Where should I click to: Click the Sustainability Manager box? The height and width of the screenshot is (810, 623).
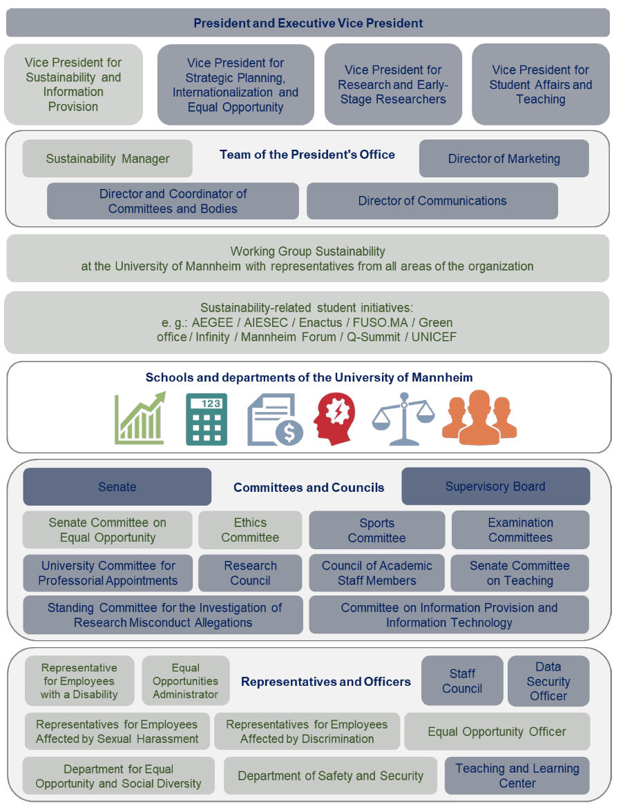(107, 159)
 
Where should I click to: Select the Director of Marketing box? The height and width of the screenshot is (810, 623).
(504, 159)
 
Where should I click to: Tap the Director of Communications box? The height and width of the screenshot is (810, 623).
(432, 201)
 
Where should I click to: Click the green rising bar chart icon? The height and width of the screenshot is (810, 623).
(140, 418)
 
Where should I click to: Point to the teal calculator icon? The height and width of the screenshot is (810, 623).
(206, 419)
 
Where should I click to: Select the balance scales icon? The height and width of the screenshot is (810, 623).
(404, 419)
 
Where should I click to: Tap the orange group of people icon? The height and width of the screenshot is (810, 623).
(479, 418)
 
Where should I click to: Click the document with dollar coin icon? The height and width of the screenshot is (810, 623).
(274, 419)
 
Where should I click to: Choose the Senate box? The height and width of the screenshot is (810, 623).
(117, 486)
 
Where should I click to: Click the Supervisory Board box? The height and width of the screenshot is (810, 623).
(495, 486)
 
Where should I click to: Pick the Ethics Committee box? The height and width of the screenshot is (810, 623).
(250, 530)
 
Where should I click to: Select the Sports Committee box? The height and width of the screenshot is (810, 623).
(376, 530)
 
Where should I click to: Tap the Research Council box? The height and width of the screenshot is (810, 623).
(250, 573)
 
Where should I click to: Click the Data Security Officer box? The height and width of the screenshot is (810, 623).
(548, 681)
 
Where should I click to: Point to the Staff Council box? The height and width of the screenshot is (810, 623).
(462, 681)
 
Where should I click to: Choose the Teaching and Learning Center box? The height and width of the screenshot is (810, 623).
(517, 776)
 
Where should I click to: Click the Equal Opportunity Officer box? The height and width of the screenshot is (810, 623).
(497, 731)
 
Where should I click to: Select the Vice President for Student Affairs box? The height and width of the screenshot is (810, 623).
(540, 84)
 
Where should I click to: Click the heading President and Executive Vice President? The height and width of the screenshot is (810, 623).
(308, 23)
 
